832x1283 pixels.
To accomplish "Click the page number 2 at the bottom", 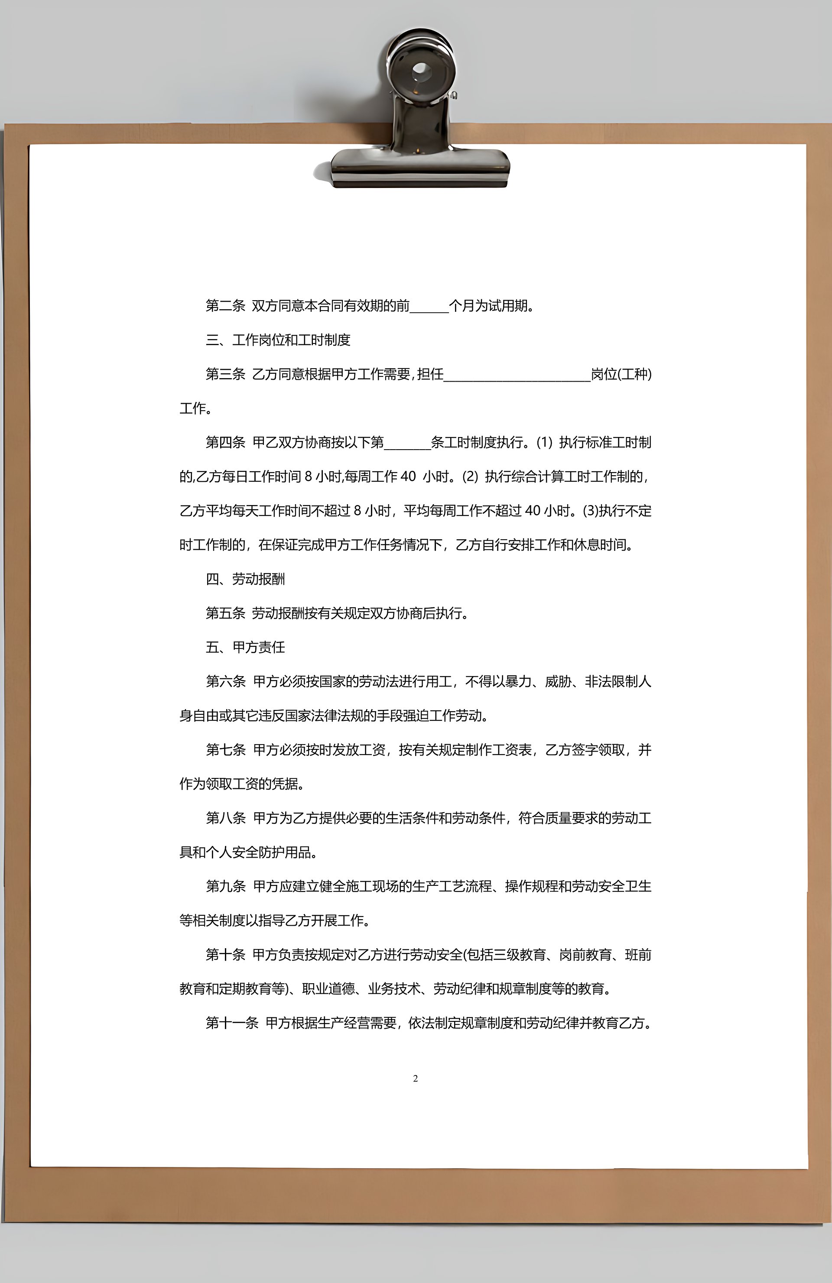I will coord(415,1078).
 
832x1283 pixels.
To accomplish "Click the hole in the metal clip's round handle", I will coord(421,70).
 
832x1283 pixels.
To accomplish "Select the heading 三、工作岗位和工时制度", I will coord(278,340).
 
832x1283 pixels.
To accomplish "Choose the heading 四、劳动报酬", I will coord(245,579).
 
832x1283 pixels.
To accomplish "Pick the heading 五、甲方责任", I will coord(245,647).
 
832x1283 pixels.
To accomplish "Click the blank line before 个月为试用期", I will coord(429,307).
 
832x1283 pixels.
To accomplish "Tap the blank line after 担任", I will coord(517,375).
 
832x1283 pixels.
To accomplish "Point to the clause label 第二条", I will coord(225,306).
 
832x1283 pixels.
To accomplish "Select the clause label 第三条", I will coord(225,374).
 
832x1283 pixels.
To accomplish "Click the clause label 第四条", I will coord(225,443).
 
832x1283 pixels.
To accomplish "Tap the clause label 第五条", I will coord(225,613).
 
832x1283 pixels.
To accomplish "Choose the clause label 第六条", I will coord(225,681).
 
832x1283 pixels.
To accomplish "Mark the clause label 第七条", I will coord(225,750).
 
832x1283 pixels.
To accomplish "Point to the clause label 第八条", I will coord(225,818).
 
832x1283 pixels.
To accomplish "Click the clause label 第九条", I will coord(225,886).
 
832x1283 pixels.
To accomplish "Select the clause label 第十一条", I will coord(232,1023).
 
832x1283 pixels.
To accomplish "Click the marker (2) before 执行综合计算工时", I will coord(470,476).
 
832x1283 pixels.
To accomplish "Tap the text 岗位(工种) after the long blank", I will coord(621,374).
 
